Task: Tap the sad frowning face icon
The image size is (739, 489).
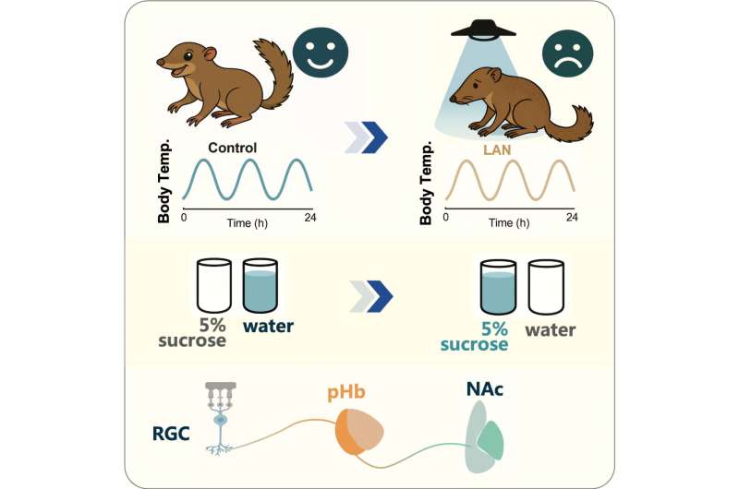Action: coord(567,53)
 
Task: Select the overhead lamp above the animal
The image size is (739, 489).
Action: coord(483,29)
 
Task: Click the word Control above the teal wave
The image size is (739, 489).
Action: coord(233,148)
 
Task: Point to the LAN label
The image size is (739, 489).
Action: coord(497,150)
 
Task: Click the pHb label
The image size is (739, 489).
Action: coord(346,392)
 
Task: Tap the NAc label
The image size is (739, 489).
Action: coord(484,388)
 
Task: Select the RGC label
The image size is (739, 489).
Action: coord(171,434)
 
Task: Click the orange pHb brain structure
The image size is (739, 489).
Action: coord(359,432)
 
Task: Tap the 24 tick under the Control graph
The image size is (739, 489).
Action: coord(310,218)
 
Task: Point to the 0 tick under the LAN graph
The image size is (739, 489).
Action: coord(445,217)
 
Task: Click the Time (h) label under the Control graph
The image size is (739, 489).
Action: coord(247,223)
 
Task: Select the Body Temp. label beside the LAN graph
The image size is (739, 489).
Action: coord(425,183)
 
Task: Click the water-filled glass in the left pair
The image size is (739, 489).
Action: coord(260,286)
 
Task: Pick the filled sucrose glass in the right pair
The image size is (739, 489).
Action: coord(498,287)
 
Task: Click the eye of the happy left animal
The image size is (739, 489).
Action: coord(188,56)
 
